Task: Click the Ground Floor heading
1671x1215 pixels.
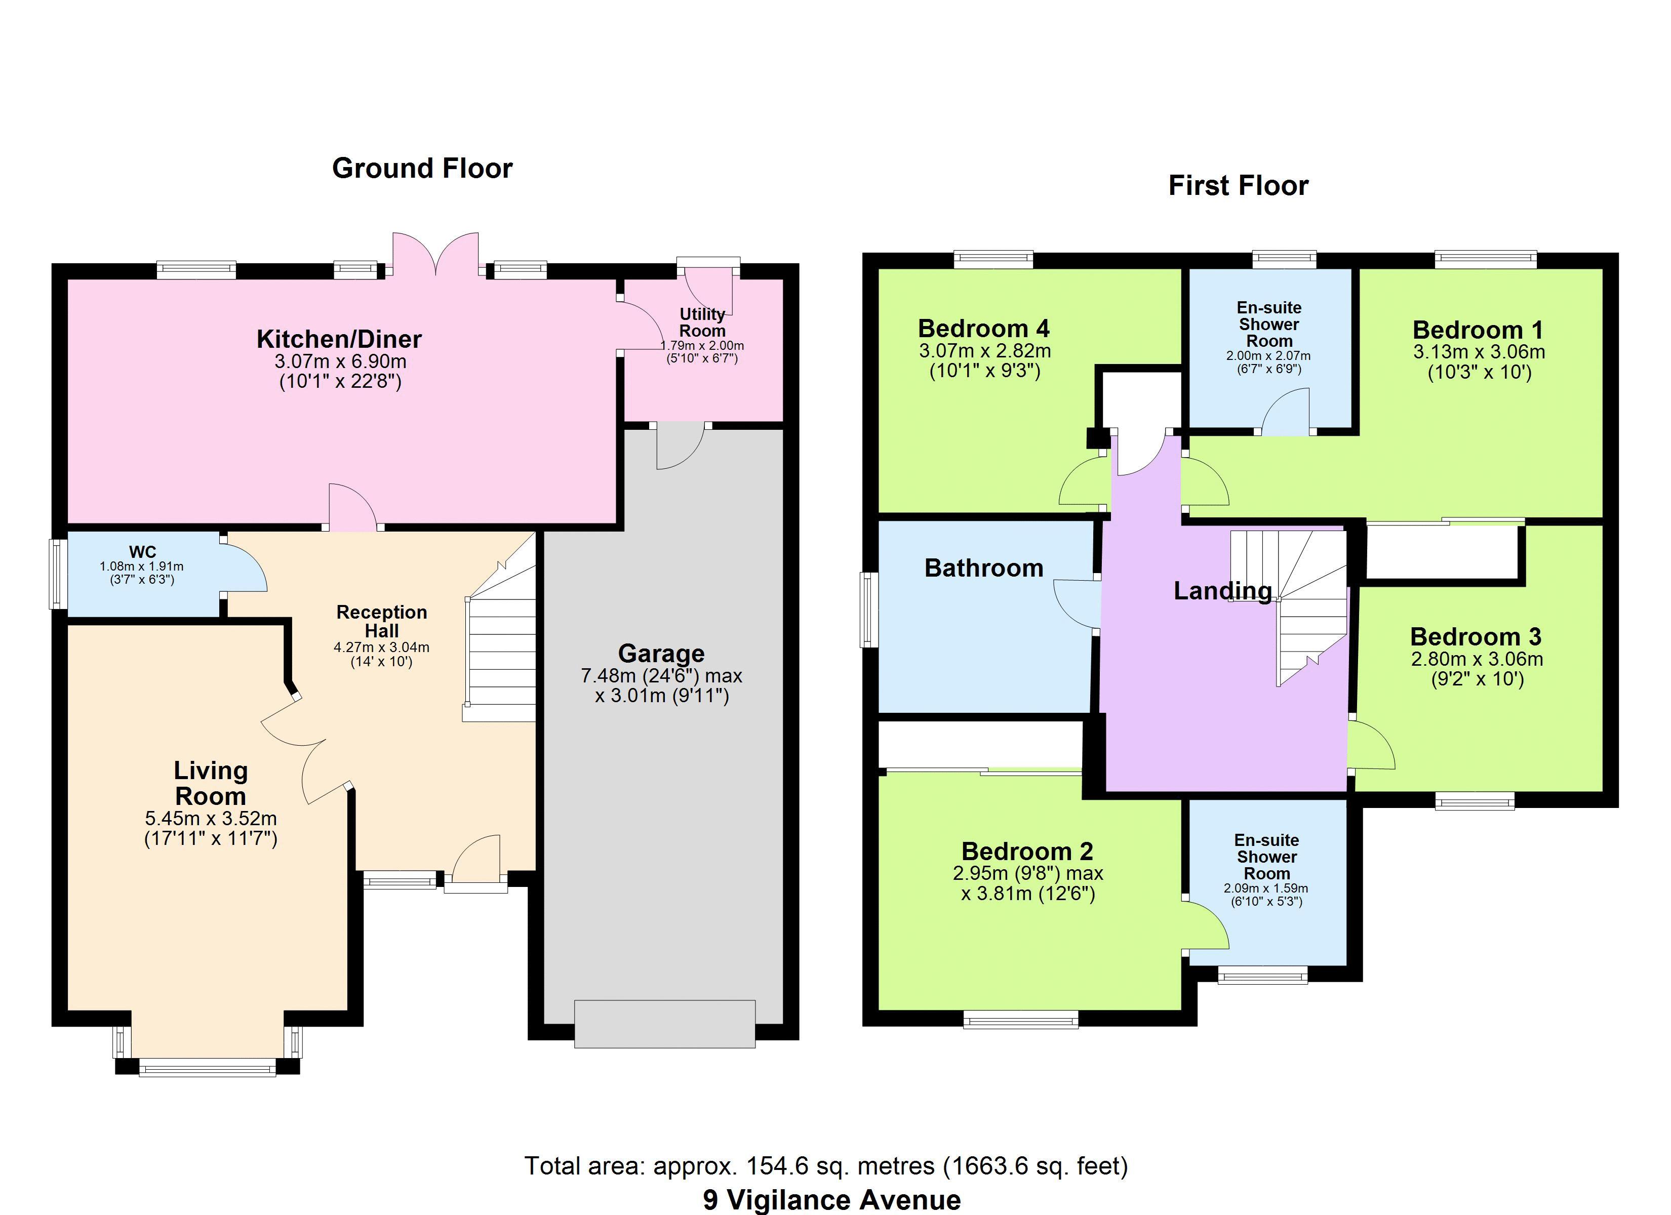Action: pos(422,169)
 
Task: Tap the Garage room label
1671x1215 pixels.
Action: pos(661,654)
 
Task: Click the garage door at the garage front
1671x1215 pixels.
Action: pos(664,1024)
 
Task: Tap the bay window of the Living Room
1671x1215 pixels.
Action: pos(207,1067)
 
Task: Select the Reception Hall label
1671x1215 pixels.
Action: pos(382,621)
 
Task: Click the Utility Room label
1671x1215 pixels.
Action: pos(702,322)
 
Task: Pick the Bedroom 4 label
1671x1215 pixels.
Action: pos(983,328)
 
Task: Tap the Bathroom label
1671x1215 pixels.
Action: pos(983,568)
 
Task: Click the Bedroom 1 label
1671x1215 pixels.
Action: pos(1477,330)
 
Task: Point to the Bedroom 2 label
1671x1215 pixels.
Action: pos(1027,852)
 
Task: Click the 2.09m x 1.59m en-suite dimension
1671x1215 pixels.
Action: pos(1266,888)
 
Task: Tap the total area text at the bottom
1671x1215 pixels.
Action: pos(826,1165)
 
